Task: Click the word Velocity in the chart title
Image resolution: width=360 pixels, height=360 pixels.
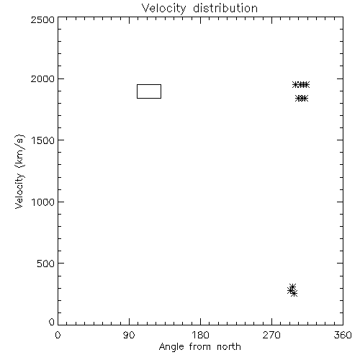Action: (164, 9)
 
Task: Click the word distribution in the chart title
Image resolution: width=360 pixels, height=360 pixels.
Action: (225, 8)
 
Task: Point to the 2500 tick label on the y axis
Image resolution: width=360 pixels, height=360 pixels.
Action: (42, 19)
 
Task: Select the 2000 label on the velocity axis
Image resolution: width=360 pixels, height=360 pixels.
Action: (42, 78)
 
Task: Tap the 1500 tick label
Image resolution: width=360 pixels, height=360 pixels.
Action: (43, 140)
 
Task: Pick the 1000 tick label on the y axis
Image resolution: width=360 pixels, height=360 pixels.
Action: (43, 202)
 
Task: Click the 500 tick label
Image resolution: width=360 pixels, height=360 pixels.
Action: (45, 264)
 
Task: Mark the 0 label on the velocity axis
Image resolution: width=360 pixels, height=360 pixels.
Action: (52, 322)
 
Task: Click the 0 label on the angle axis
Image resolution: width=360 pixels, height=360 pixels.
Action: (58, 335)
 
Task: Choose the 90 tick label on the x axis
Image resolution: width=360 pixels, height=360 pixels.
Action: (129, 335)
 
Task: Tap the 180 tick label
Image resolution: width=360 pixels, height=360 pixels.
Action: (200, 335)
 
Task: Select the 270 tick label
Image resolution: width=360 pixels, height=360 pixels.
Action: (271, 335)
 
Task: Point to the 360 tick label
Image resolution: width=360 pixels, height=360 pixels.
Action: (343, 335)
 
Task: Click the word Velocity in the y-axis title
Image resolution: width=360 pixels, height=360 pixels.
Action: (19, 191)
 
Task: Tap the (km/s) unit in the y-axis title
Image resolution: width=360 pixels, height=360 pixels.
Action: (19, 151)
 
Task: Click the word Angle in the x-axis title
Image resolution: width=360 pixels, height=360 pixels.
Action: (171, 347)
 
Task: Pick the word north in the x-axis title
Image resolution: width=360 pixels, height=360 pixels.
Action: (229, 347)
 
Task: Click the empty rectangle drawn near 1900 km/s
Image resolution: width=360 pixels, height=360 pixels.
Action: (149, 84)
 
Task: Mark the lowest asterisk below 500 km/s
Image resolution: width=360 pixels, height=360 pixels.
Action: (294, 293)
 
